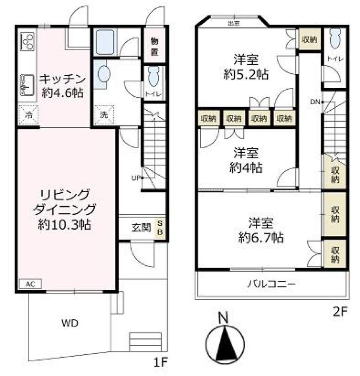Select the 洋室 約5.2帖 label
[246, 67]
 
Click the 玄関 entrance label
[141, 227]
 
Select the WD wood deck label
[70, 323]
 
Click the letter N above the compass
[223, 319]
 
